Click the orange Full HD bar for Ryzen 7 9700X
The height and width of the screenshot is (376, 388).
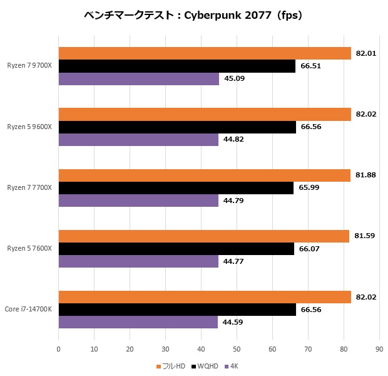tap(204, 53)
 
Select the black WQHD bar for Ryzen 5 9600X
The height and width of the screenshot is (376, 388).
tap(176, 127)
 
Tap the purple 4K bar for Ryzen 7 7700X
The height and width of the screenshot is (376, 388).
tap(138, 200)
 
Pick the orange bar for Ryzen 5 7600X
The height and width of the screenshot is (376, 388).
tap(203, 236)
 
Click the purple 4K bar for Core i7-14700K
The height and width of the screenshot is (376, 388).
tap(138, 322)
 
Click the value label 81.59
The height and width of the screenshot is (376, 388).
tap(365, 236)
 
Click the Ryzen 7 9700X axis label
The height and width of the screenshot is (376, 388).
tap(30, 66)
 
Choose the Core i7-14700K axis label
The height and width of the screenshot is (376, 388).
tap(28, 310)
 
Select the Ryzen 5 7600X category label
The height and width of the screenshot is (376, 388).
tap(30, 249)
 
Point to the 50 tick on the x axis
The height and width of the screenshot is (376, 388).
tap(237, 349)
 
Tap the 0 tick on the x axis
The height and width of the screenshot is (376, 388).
tap(58, 349)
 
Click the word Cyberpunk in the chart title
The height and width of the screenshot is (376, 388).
tap(218, 14)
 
